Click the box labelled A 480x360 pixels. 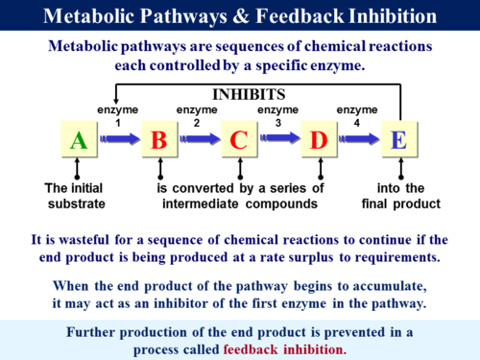pyautogui.click(x=80, y=140)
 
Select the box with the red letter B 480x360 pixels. pyautogui.click(x=159, y=140)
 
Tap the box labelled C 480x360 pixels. pyautogui.click(x=239, y=140)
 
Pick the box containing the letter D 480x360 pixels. pyautogui.click(x=319, y=140)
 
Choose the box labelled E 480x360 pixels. pyautogui.click(x=399, y=140)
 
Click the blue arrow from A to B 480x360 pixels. pyautogui.click(x=119, y=140)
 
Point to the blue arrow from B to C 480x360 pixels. pyautogui.click(x=199, y=140)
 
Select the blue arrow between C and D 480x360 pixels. pyautogui.click(x=278, y=140)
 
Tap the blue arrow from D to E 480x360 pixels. pyautogui.click(x=358, y=140)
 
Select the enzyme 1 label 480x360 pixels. pyautogui.click(x=118, y=116)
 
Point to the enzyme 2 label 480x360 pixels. pyautogui.click(x=197, y=116)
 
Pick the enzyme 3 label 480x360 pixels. pyautogui.click(x=277, y=116)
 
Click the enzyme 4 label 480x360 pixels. pyautogui.click(x=357, y=116)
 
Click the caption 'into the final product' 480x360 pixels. pyautogui.click(x=400, y=196)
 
